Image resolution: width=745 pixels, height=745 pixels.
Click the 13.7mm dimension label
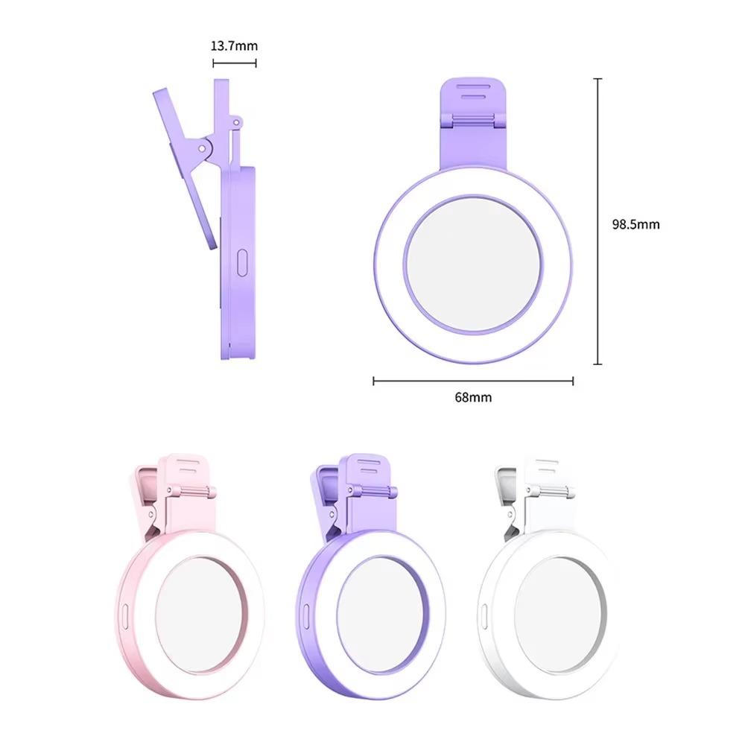point(234,46)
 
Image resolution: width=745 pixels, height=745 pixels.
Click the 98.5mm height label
point(635,223)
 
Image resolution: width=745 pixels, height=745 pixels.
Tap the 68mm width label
point(473,397)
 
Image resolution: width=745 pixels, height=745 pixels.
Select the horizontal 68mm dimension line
point(473,381)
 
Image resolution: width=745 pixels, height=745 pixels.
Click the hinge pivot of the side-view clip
point(202,148)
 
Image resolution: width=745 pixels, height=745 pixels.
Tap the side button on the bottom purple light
point(305,612)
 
